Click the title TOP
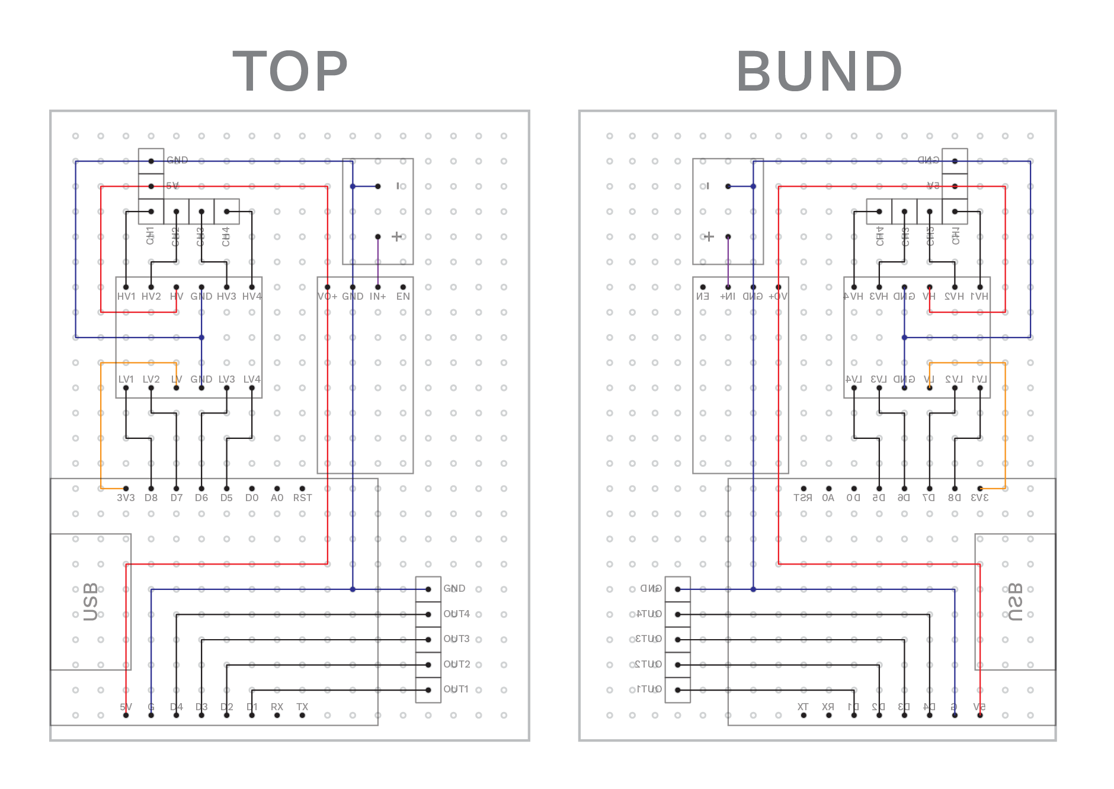[290, 72]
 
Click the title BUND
[819, 72]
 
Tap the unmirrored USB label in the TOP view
[91, 602]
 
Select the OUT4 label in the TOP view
[456, 614]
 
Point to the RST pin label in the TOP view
[302, 498]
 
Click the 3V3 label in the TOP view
[126, 498]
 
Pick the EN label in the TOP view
[403, 296]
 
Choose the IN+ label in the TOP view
[378, 296]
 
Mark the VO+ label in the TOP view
[327, 296]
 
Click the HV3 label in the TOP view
[226, 296]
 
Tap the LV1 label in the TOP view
[126, 379]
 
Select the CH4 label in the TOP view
[226, 236]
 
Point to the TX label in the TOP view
[302, 707]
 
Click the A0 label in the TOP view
[277, 498]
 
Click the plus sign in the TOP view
[397, 236]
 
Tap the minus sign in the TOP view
[398, 186]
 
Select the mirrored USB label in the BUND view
[1016, 602]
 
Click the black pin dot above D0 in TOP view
[252, 489]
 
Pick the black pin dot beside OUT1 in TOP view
[428, 690]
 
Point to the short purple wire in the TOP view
[378, 262]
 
